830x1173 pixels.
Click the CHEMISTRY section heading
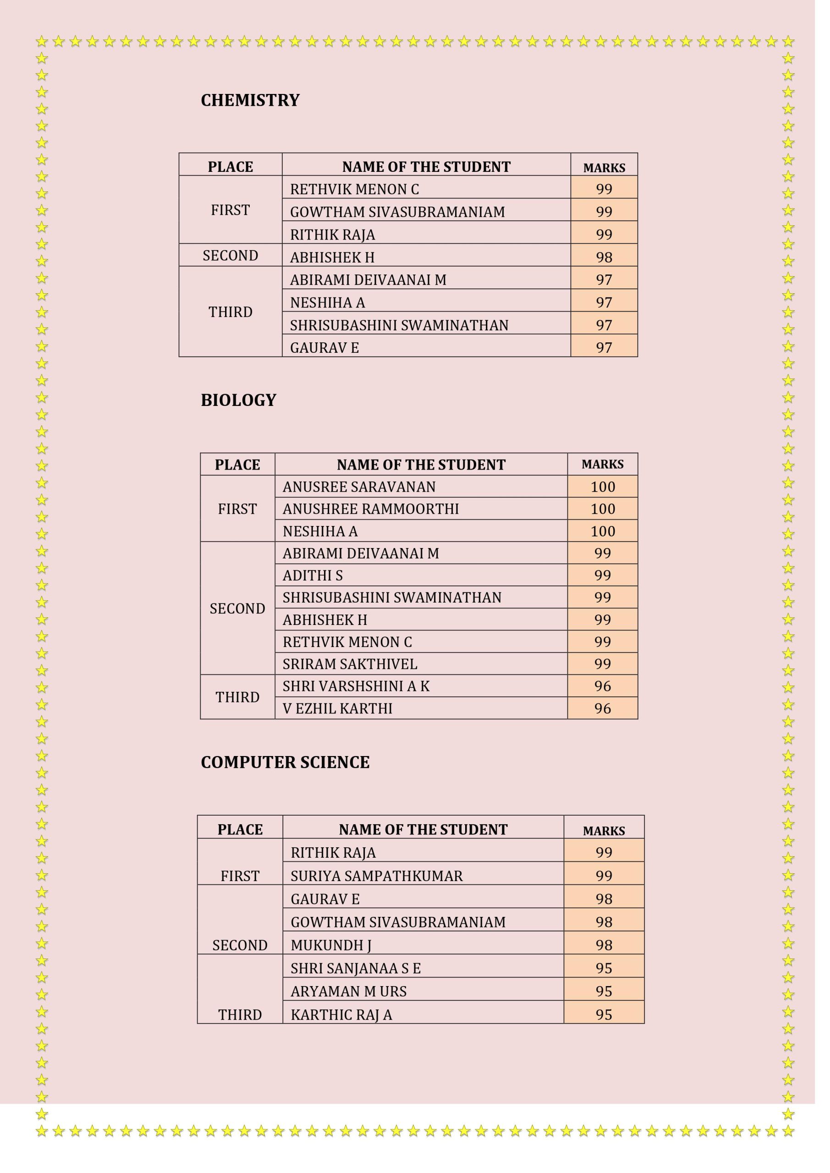pyautogui.click(x=250, y=100)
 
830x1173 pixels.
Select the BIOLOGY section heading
pyautogui.click(x=238, y=400)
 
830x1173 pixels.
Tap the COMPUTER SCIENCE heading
pyautogui.click(x=285, y=762)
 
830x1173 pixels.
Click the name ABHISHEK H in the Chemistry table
pyautogui.click(x=332, y=257)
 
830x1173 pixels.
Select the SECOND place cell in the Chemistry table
pyautogui.click(x=230, y=255)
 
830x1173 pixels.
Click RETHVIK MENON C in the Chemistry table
pyautogui.click(x=354, y=189)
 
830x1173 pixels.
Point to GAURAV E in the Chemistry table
pyautogui.click(x=324, y=348)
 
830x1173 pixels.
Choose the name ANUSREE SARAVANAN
pyautogui.click(x=359, y=487)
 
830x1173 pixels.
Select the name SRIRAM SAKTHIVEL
pyautogui.click(x=350, y=663)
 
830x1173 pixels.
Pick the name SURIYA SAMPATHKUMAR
pyautogui.click(x=376, y=876)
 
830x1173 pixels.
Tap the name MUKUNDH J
pyautogui.click(x=331, y=945)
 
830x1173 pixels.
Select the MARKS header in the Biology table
pyautogui.click(x=603, y=465)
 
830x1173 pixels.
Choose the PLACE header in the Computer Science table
pyautogui.click(x=240, y=829)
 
